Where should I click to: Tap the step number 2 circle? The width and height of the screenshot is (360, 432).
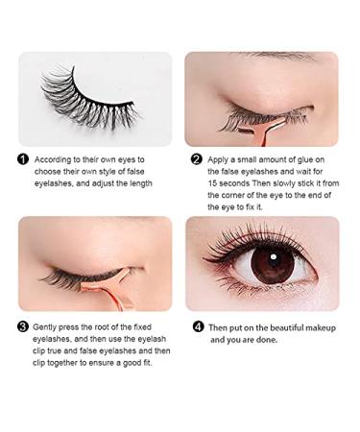pos(197,159)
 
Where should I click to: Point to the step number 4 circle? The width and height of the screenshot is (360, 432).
pos(198,326)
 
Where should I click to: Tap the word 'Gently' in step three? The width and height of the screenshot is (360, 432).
pos(49,326)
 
